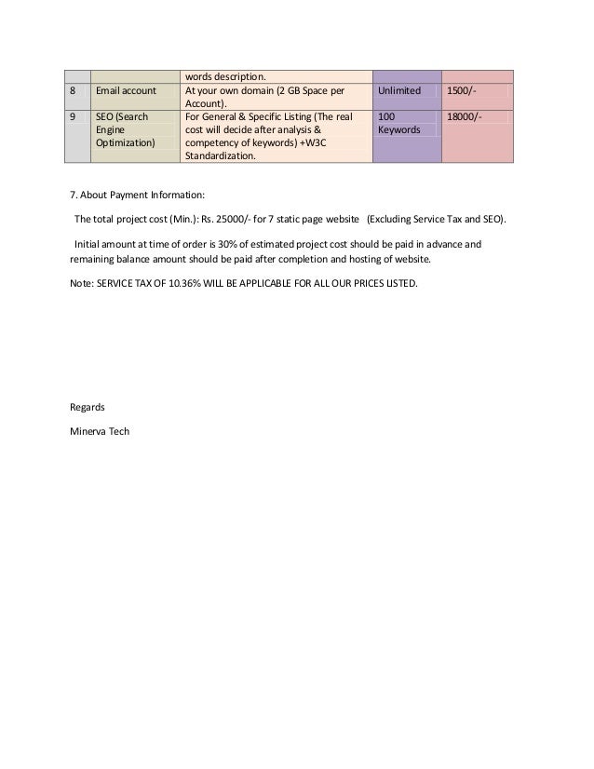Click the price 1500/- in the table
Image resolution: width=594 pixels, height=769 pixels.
(x=462, y=91)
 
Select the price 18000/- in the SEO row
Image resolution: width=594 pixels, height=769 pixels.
(x=465, y=117)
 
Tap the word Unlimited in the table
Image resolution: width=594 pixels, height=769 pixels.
(x=399, y=91)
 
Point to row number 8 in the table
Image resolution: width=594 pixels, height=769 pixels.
(x=74, y=91)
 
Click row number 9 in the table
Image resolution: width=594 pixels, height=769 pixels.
(x=74, y=117)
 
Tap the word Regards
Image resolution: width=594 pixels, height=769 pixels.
(x=88, y=407)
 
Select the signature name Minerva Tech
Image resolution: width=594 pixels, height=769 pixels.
(x=101, y=431)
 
